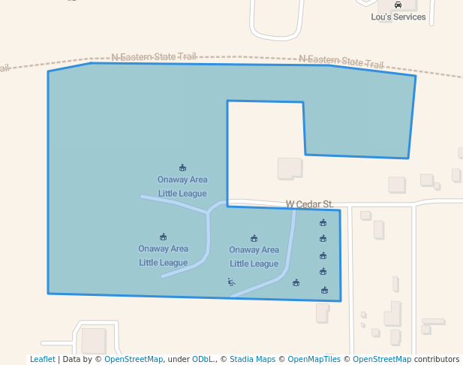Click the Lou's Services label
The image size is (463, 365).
coord(398,17)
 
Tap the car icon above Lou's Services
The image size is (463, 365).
coord(398,5)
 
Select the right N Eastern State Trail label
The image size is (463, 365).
coord(341,61)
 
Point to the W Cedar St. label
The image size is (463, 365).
coord(309,204)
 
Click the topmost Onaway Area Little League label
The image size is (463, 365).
coord(182,186)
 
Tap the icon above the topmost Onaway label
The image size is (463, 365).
coord(182,167)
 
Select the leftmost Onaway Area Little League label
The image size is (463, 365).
coord(163,255)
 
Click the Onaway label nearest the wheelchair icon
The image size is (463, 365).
coord(254,256)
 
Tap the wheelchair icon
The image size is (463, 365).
coord(231,282)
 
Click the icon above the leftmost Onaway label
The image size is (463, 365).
coord(163,237)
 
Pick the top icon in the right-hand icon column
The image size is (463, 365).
coord(323,222)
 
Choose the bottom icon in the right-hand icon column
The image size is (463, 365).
coord(324,290)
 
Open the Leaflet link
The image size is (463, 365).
coord(42,359)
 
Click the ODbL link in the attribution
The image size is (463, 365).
coord(202,359)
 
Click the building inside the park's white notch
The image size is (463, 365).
coord(289,168)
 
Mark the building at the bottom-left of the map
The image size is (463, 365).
coord(94,340)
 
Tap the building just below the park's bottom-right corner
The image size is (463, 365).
coord(322,312)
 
